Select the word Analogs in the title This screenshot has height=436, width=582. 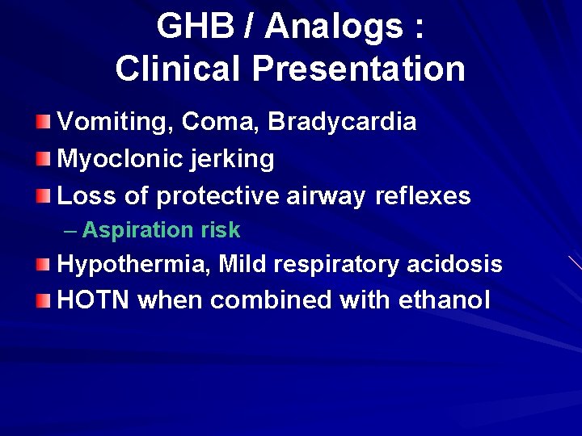(x=335, y=27)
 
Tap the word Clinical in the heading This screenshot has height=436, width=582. (x=179, y=69)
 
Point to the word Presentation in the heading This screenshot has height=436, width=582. (x=358, y=69)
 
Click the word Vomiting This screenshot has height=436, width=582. (x=116, y=123)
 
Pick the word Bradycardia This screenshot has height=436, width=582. (x=343, y=123)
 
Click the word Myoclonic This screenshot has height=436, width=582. (x=113, y=159)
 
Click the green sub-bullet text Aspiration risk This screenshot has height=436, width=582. (x=161, y=230)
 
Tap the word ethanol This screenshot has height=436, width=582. (x=445, y=300)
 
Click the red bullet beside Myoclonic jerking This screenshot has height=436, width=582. (x=43, y=157)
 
